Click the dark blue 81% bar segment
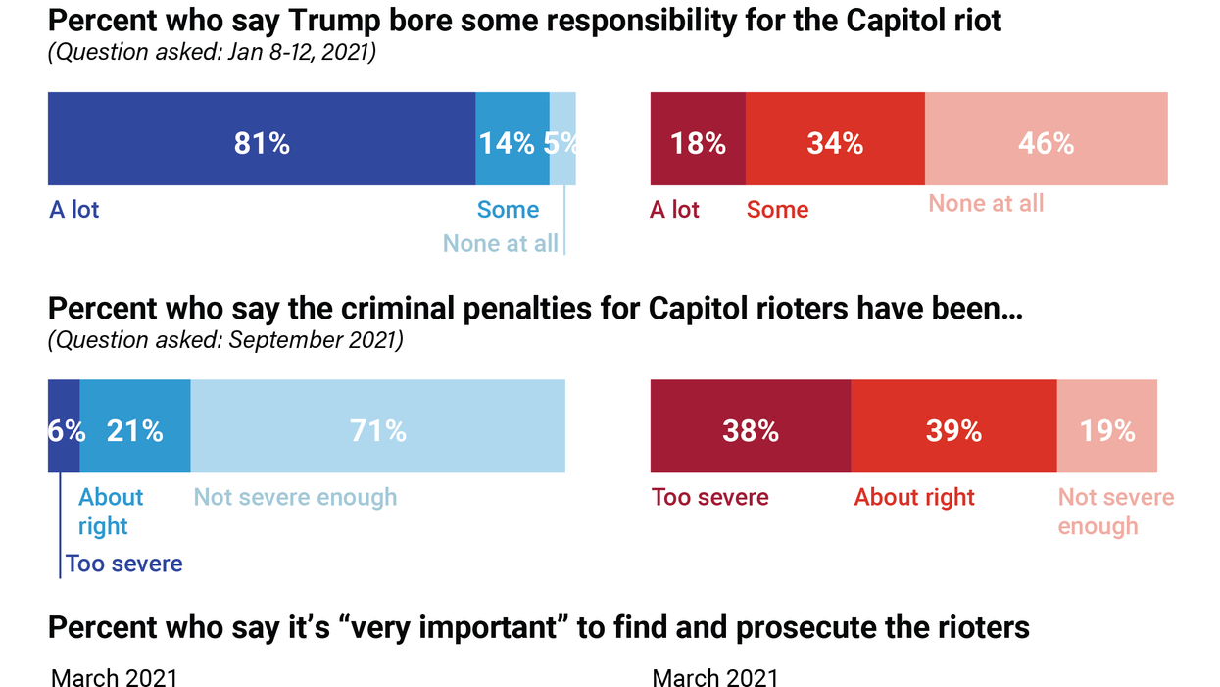[262, 138]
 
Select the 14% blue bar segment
[512, 138]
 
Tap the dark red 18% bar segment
[698, 138]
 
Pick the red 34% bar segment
[835, 138]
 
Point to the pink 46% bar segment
[1046, 138]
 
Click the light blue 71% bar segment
[377, 426]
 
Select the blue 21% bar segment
[135, 426]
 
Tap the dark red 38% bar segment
[751, 426]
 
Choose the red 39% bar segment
[953, 426]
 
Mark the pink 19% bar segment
[1107, 426]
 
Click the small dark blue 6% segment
[64, 426]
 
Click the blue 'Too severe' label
[124, 564]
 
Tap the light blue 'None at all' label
[500, 243]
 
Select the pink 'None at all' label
[986, 203]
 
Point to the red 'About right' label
[914, 497]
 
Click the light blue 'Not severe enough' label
[295, 497]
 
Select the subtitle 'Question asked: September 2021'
[225, 341]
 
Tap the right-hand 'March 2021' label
[714, 677]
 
